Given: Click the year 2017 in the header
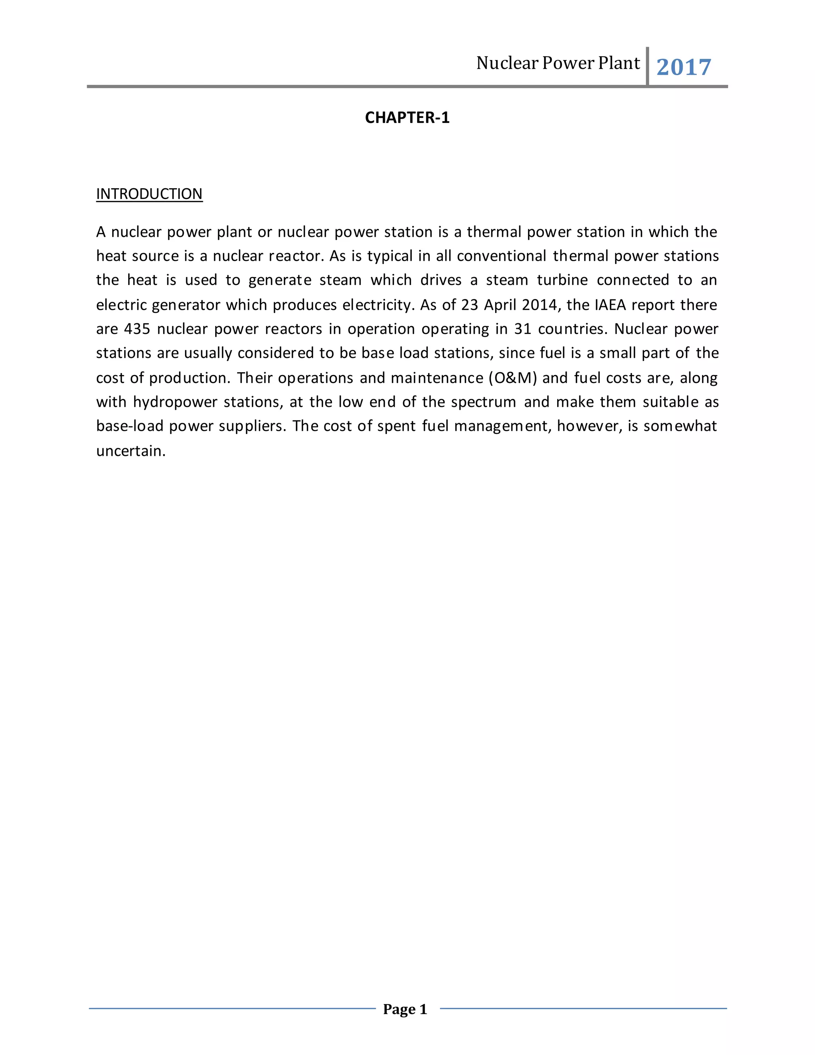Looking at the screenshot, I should [x=683, y=67].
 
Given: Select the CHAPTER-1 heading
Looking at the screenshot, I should [x=407, y=118].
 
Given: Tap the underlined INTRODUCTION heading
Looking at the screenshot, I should [x=149, y=194].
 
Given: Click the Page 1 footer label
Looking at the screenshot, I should [x=405, y=1009].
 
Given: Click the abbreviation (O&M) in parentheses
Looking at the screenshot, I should [x=512, y=378].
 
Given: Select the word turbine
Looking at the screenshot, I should [x=562, y=281].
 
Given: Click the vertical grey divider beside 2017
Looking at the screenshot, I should [x=647, y=66].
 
